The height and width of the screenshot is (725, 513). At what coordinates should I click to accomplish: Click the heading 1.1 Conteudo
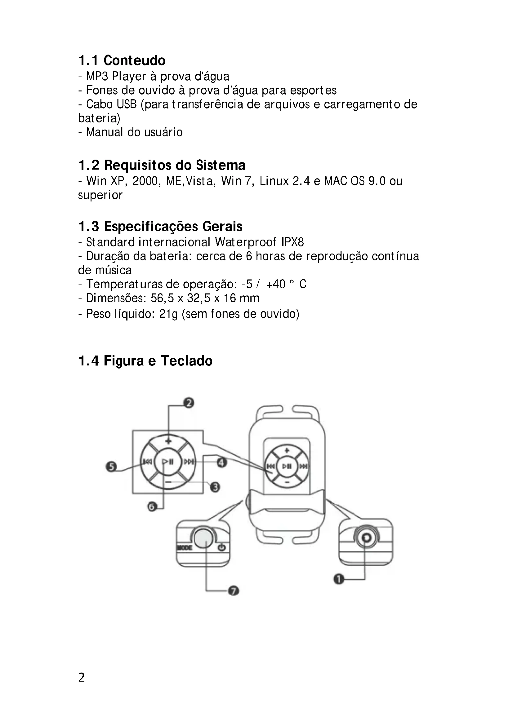(x=122, y=60)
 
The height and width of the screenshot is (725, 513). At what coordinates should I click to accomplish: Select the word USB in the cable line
(x=126, y=104)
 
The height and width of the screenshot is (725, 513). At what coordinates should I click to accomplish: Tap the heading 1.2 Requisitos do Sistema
(x=161, y=165)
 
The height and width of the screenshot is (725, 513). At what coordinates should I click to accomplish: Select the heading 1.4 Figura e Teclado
(x=145, y=360)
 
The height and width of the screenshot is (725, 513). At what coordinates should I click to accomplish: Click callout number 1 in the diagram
(x=339, y=579)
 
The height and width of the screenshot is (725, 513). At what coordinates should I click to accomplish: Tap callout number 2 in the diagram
(x=189, y=403)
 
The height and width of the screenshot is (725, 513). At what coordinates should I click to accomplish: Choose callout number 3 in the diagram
(x=215, y=487)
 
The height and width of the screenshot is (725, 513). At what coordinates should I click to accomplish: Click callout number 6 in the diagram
(x=152, y=507)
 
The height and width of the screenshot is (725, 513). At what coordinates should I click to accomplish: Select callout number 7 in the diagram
(x=234, y=590)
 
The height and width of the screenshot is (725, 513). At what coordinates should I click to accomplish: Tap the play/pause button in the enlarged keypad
(x=168, y=462)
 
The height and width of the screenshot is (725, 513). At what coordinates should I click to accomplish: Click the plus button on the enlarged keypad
(x=168, y=441)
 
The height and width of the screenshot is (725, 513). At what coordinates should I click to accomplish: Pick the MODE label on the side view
(x=184, y=547)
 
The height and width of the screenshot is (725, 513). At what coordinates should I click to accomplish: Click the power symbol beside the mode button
(x=222, y=547)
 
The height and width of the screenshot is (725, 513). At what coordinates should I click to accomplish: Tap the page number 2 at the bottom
(x=82, y=678)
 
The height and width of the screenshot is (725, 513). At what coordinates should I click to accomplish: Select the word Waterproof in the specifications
(x=245, y=242)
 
